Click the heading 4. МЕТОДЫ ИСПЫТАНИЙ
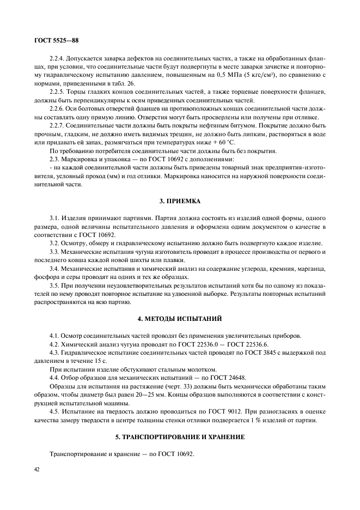(x=181, y=318)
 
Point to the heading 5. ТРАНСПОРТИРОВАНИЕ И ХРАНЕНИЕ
(x=181, y=438)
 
